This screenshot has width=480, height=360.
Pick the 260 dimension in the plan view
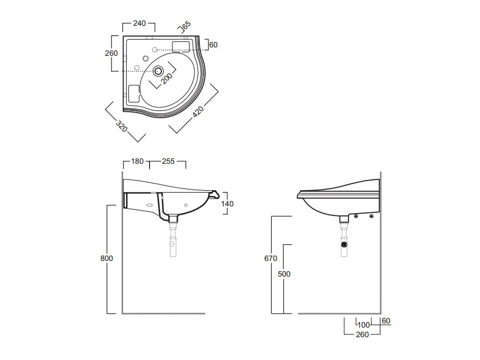coord(111,53)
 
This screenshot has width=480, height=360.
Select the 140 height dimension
coord(227,203)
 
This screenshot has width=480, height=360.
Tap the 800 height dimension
coord(106,258)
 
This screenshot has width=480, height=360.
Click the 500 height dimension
coord(284,274)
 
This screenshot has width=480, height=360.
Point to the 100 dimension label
coord(363,325)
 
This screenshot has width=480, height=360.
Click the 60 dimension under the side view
coord(386,321)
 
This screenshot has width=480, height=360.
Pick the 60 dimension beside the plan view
coord(214,44)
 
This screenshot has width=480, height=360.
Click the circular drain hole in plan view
coord(158,71)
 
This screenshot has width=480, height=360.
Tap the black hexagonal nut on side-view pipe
coord(344,245)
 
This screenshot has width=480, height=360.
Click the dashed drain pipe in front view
coord(174,240)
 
